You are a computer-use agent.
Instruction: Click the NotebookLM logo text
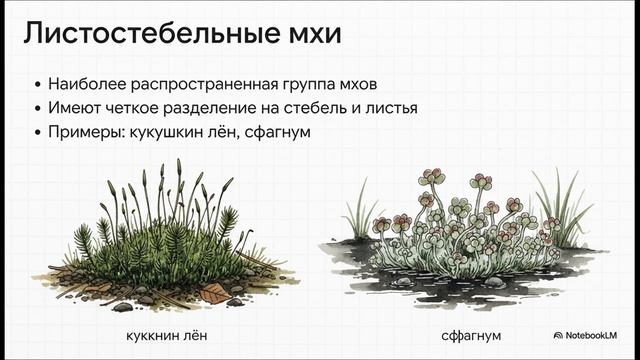(590, 335)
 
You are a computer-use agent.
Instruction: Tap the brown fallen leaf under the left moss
(214, 292)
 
